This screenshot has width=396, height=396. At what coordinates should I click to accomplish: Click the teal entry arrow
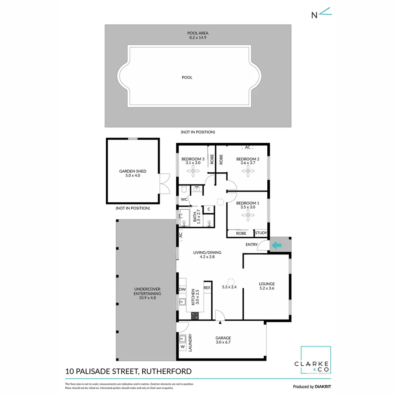pyautogui.click(x=277, y=245)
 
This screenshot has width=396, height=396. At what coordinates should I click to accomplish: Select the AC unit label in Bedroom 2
pyautogui.click(x=247, y=147)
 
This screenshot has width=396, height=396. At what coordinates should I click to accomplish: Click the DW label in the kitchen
pyautogui.click(x=182, y=289)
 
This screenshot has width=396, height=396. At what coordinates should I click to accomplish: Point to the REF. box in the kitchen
pyautogui.click(x=207, y=288)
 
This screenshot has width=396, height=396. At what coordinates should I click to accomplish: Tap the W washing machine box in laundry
pyautogui.click(x=182, y=346)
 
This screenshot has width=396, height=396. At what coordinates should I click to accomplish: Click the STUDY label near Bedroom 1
pyautogui.click(x=261, y=233)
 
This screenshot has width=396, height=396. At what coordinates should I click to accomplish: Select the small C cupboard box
pyautogui.click(x=209, y=209)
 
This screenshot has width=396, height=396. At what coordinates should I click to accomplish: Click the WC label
pyautogui.click(x=184, y=199)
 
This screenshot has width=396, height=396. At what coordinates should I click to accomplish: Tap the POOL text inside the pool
pyautogui.click(x=187, y=77)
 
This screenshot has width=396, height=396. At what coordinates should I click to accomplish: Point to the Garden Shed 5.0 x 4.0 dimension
pyautogui.click(x=133, y=176)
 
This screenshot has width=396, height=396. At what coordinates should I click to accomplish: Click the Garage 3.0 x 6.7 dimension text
pyautogui.click(x=223, y=342)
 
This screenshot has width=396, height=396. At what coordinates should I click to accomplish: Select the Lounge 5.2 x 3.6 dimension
pyautogui.click(x=267, y=288)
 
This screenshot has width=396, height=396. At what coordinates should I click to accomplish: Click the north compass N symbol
pyautogui.click(x=314, y=15)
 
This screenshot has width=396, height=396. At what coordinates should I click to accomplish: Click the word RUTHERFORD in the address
pyautogui.click(x=167, y=371)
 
